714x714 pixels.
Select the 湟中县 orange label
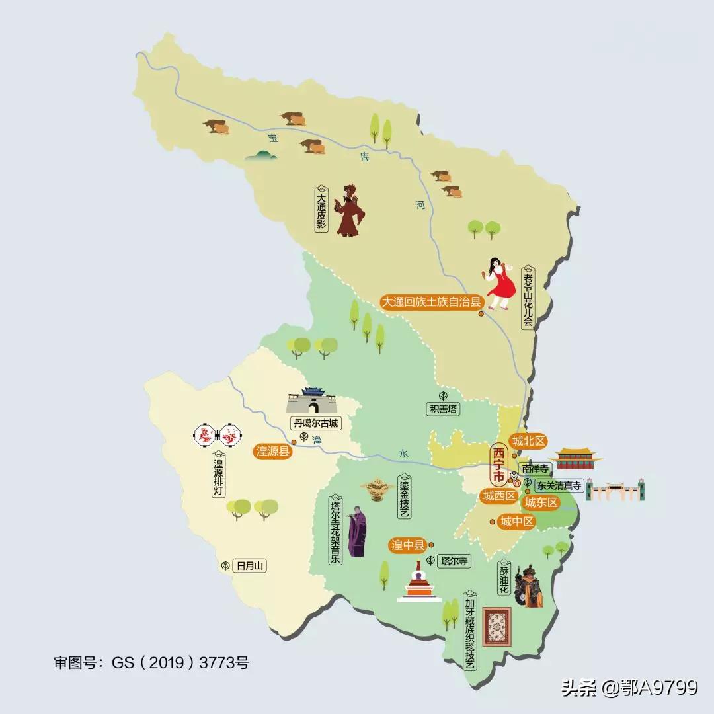[408, 545]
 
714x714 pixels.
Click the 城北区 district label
[528, 441]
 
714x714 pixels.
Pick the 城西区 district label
[499, 496]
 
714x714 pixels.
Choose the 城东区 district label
[541, 503]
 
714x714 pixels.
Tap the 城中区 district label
[517, 522]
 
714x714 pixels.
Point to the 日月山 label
[250, 565]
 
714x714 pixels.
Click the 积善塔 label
[442, 409]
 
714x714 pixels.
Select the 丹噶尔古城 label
[315, 422]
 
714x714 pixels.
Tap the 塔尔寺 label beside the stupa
[454, 561]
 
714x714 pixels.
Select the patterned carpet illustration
[499, 625]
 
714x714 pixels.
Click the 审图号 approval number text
[151, 662]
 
